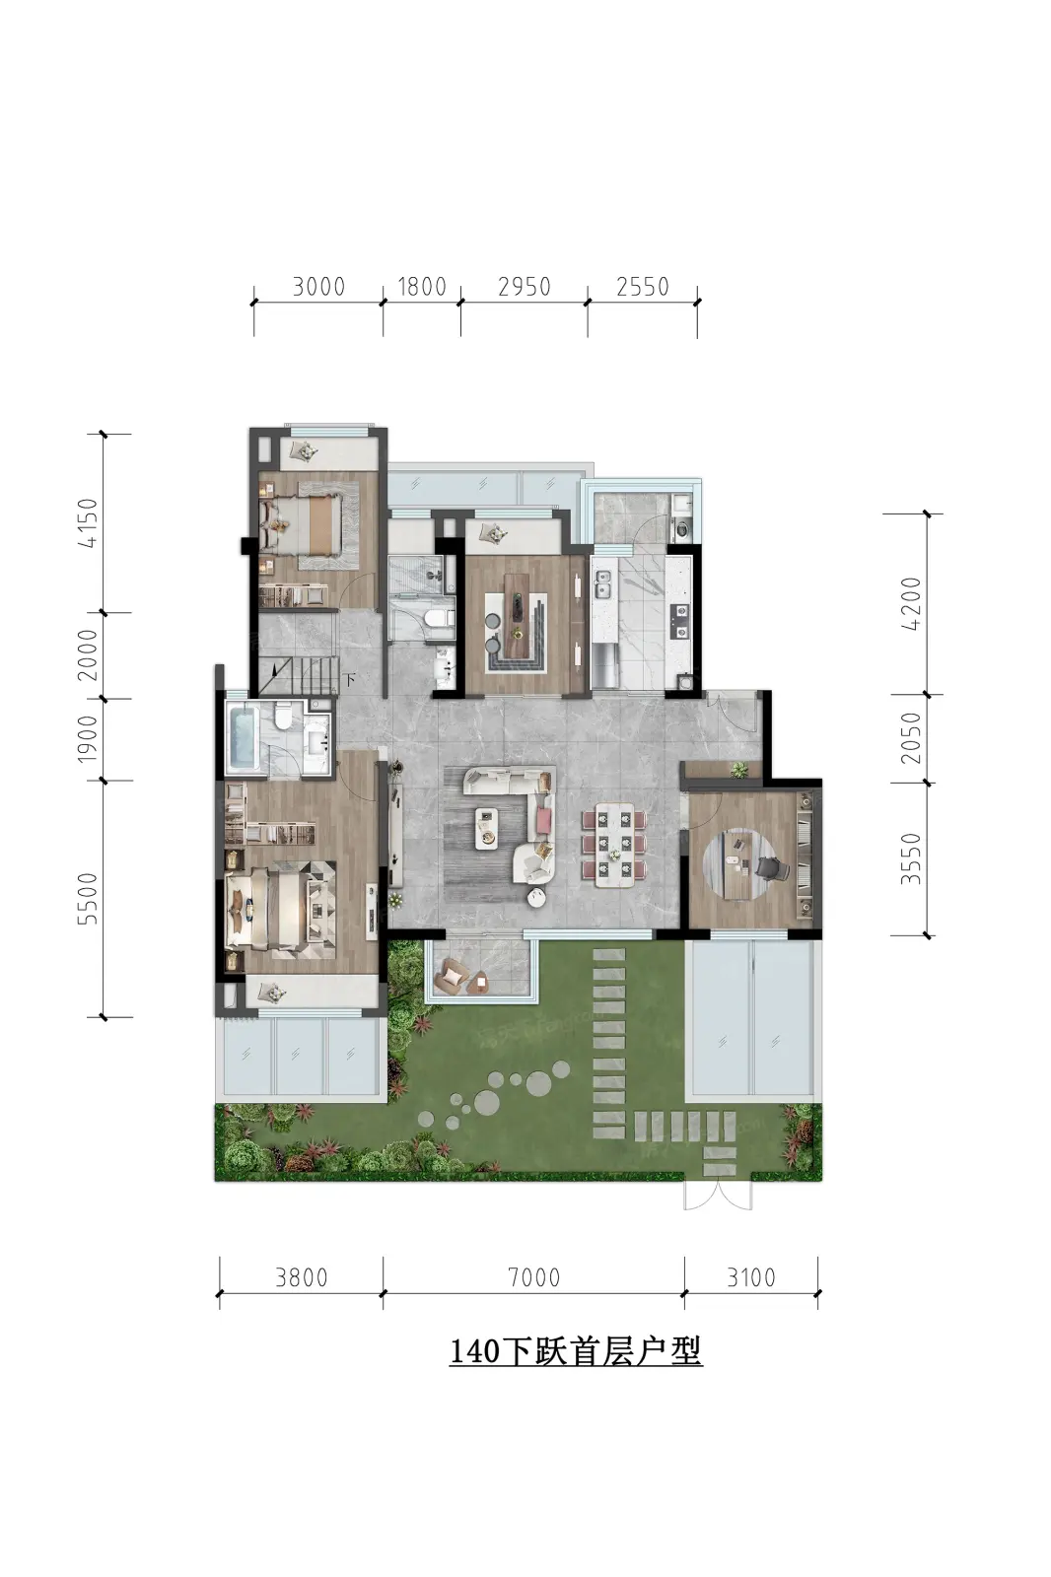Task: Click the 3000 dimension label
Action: tap(318, 287)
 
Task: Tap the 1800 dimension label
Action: tap(422, 287)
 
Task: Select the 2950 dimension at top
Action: tap(525, 287)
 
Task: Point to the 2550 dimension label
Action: tap(643, 287)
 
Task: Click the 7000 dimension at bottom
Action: tap(534, 1277)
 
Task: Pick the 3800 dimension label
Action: tap(302, 1277)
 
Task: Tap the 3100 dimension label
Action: tap(751, 1277)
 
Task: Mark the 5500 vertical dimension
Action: tap(88, 898)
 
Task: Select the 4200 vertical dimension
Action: tap(911, 603)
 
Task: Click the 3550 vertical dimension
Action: tap(911, 858)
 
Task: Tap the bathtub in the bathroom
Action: tap(243, 737)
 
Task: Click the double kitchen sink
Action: tap(603, 584)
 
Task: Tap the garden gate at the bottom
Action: tap(718, 1195)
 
